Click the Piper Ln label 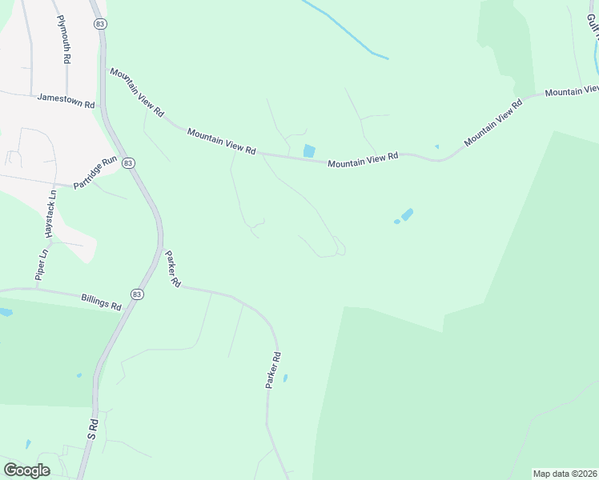point(39,264)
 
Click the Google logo point(26,470)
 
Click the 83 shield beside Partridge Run point(129,162)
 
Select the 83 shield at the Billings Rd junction point(138,294)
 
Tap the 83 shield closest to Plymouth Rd point(99,25)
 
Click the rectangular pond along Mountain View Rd point(309,150)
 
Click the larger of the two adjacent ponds point(407,214)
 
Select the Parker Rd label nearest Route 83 point(173,270)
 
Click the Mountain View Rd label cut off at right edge point(572,91)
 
